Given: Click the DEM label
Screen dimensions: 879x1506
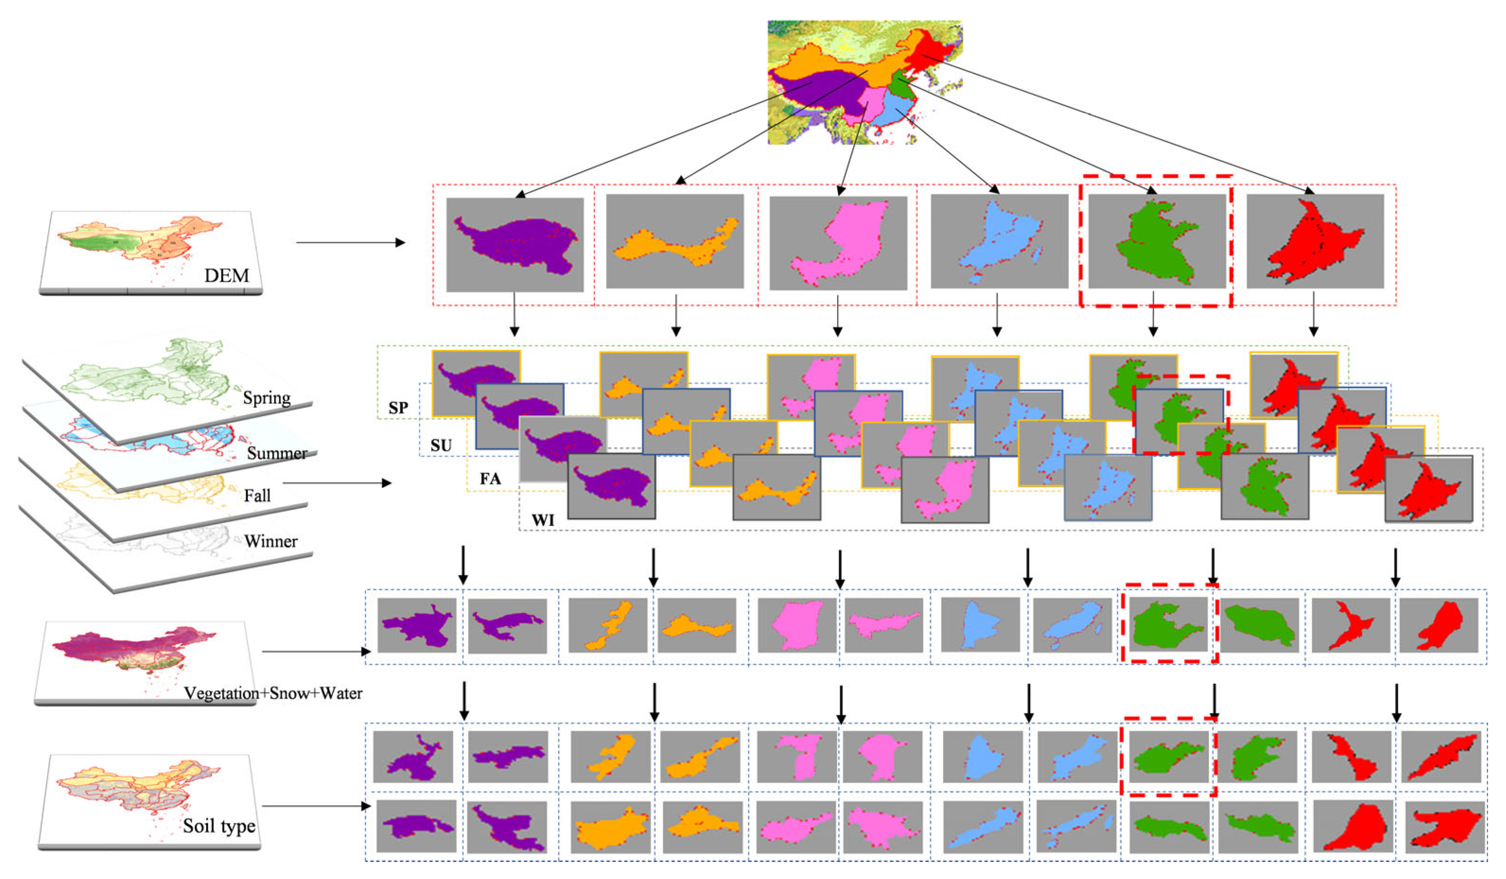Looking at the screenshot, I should click(x=227, y=276).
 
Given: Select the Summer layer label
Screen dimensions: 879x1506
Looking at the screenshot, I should click(x=277, y=453).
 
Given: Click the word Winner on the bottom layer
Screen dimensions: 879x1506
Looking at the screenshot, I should click(x=271, y=541).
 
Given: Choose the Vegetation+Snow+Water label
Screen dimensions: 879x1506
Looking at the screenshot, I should click(x=273, y=693).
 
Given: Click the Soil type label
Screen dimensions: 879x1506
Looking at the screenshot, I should click(x=219, y=826).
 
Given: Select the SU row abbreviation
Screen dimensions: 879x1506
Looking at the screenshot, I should click(x=441, y=445).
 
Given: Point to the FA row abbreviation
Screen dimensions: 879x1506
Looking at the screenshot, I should click(x=490, y=479).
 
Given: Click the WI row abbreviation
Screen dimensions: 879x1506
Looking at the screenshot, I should click(x=543, y=520).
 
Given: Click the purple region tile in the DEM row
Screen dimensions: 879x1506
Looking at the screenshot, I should click(x=515, y=244).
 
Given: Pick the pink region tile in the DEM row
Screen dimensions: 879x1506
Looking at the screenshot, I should click(x=838, y=243).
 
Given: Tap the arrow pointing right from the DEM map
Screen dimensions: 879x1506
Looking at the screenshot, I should click(x=350, y=243).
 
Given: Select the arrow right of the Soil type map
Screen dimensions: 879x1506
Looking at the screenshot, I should click(x=316, y=806).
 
